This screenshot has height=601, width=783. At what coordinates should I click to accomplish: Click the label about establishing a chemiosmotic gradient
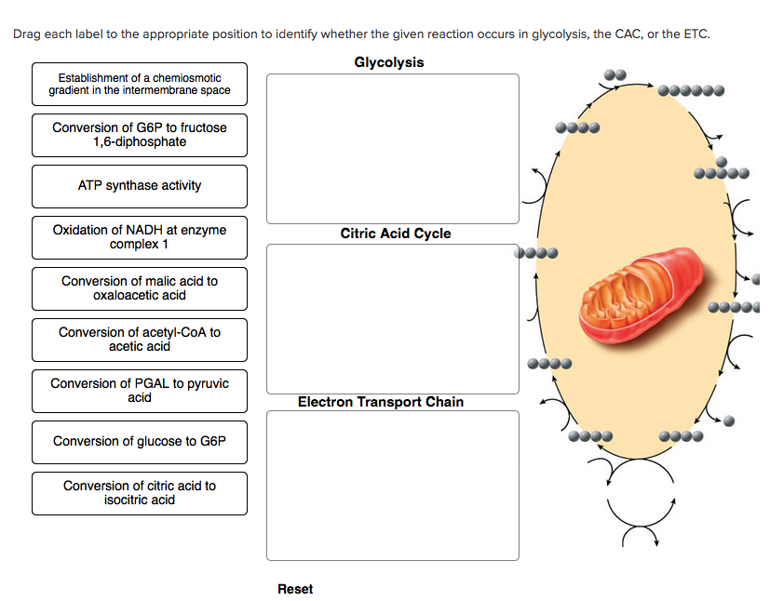point(140,85)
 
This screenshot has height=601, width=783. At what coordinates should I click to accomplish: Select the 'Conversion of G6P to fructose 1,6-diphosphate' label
point(140,135)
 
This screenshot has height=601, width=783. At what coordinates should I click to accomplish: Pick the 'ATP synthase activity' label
point(140,186)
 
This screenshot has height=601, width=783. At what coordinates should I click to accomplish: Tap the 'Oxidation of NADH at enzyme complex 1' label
point(140,237)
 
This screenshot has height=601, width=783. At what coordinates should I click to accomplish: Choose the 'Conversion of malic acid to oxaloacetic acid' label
point(140,288)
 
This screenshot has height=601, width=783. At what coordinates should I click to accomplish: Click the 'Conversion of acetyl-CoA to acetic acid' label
point(140,340)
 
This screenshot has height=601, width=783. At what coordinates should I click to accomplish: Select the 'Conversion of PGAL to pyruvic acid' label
point(140,391)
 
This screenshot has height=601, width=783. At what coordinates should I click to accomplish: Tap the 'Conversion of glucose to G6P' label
point(140,442)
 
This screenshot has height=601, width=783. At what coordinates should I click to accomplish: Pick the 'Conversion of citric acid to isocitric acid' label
point(140,493)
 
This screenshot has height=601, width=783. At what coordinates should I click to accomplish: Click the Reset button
point(295,589)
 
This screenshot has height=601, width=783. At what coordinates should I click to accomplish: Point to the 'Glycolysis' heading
point(388,62)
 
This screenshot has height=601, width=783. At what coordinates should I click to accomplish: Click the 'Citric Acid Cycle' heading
point(395,234)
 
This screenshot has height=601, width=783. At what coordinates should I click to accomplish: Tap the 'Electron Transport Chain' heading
point(380,402)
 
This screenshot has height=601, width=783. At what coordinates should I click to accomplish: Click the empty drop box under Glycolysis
point(392,149)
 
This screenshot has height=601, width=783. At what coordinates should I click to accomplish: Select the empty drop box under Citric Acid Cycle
point(392,318)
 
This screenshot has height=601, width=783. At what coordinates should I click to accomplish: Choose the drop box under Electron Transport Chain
point(392,485)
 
